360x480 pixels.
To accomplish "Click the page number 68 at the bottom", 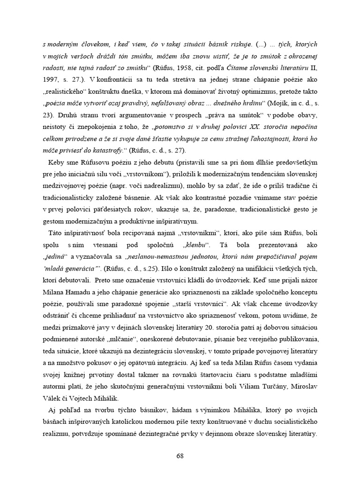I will [180, 455].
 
